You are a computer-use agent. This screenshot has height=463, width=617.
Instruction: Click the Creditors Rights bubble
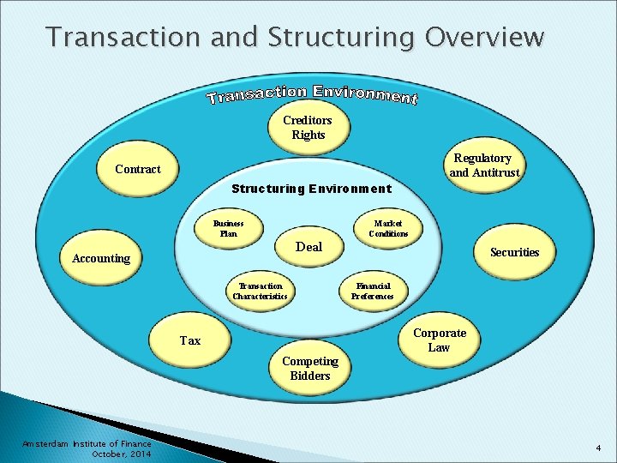point(308,128)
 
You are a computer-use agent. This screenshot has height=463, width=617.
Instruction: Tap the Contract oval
point(138,169)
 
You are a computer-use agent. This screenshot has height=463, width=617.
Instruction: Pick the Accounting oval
point(101,258)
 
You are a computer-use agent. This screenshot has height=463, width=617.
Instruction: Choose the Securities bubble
point(514,252)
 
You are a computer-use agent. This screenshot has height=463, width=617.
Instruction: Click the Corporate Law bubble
point(439,340)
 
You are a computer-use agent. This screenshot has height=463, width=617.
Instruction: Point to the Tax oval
point(190,340)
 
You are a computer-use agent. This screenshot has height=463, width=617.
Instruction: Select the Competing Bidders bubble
point(310,369)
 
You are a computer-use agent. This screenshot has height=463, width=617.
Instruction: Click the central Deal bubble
point(308,247)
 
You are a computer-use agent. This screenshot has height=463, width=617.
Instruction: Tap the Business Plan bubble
point(228,228)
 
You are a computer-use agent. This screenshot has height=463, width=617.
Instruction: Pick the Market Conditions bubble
point(388,229)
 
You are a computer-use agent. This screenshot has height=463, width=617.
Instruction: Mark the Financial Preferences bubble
point(373,292)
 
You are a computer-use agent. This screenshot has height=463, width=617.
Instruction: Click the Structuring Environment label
point(312,189)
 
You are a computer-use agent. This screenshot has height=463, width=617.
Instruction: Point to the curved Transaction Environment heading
point(312,94)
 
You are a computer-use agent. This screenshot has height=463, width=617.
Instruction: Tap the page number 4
point(599,448)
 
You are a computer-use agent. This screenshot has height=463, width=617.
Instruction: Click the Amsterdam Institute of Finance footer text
point(87,443)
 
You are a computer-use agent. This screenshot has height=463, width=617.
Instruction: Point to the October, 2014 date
point(121,454)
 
